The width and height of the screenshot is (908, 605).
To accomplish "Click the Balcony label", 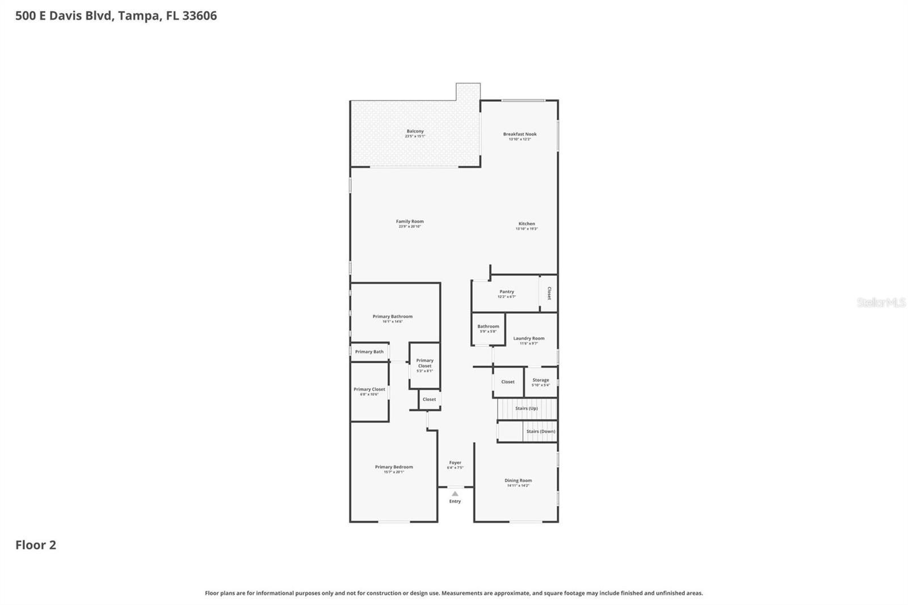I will click(415, 131).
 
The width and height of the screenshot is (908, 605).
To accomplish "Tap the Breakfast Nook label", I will click(519, 135).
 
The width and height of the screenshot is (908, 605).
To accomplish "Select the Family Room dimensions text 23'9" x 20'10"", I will click(410, 226).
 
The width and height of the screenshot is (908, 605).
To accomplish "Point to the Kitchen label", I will click(526, 224).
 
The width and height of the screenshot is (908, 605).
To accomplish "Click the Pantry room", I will click(506, 293).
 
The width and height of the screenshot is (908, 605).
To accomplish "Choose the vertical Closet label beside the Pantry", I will click(549, 293).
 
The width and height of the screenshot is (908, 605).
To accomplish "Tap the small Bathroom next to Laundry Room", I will click(488, 329).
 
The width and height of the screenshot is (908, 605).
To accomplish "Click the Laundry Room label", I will click(528, 338).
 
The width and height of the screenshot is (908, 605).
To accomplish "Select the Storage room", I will click(540, 382).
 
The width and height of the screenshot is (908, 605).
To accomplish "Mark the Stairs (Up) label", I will click(526, 409).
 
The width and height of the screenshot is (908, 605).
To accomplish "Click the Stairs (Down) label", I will click(540, 431).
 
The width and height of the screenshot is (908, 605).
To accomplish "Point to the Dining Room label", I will click(518, 481).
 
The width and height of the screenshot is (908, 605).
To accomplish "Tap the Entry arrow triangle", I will click(455, 494).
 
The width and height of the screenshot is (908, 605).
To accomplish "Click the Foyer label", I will click(455, 463).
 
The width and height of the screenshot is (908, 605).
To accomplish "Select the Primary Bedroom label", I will click(394, 467).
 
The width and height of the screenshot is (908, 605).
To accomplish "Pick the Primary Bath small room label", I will click(369, 352).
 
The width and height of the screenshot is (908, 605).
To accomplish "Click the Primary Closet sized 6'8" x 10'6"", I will click(369, 391).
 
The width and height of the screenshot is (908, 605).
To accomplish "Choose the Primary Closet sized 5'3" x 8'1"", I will click(424, 365).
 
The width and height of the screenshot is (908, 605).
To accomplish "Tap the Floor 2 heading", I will click(36, 545).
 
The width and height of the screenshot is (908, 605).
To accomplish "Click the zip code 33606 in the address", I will click(199, 16).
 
